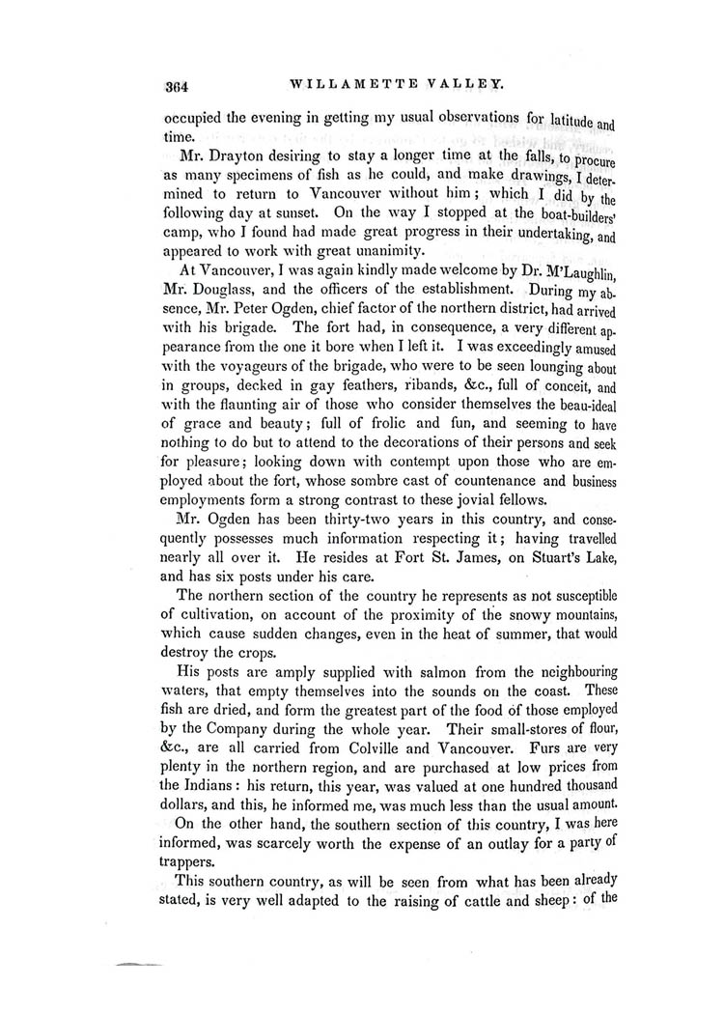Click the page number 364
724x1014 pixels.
pyautogui.click(x=176, y=84)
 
